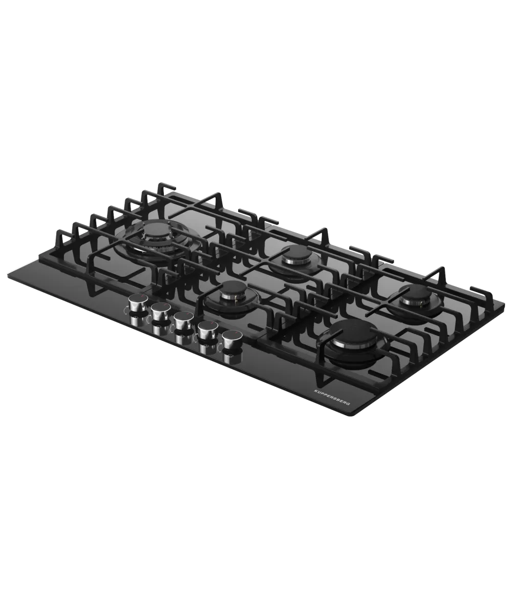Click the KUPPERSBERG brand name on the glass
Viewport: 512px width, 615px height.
tap(332, 397)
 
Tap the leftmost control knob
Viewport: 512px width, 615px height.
tap(138, 302)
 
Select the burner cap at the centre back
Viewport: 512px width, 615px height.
tap(296, 251)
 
